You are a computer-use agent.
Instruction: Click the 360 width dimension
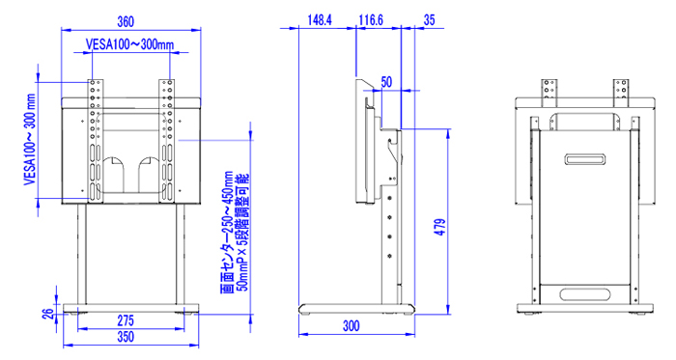pyautogui.click(x=126, y=21)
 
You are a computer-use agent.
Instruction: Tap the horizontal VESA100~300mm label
pyautogui.click(x=129, y=44)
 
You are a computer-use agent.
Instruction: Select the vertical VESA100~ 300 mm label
pyautogui.click(x=30, y=140)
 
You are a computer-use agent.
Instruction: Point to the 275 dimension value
pyautogui.click(x=126, y=320)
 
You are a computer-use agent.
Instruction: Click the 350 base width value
pyautogui.click(x=126, y=336)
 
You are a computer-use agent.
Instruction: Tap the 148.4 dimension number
pyautogui.click(x=320, y=20)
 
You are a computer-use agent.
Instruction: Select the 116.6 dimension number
pyautogui.click(x=371, y=20)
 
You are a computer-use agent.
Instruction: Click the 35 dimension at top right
pyautogui.click(x=430, y=20)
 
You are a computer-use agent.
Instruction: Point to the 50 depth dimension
pyautogui.click(x=386, y=82)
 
